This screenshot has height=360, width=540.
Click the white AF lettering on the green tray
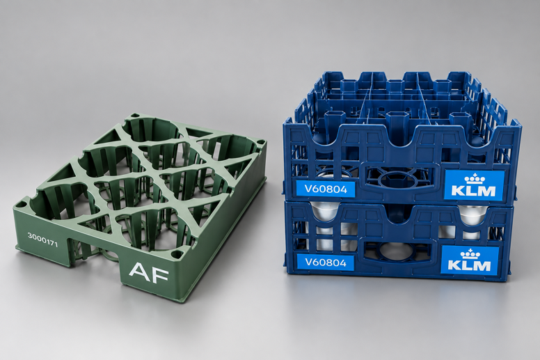tap(149, 273)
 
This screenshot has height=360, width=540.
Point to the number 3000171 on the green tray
tap(42, 240)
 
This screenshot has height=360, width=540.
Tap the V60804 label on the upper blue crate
tap(326, 189)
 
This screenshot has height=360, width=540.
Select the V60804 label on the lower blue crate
tap(325, 263)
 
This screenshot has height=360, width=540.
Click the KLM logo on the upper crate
tap(474, 185)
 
